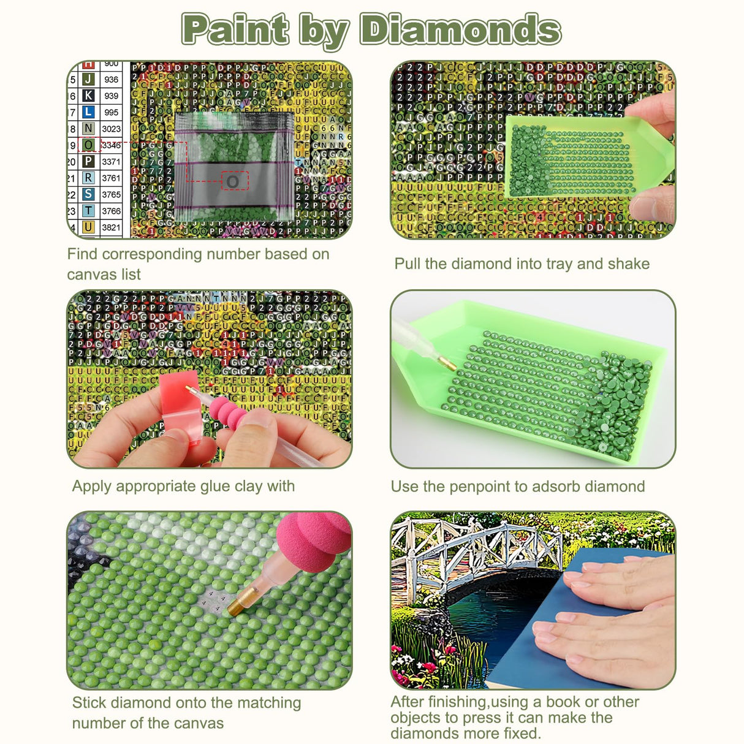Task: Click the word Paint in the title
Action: [235, 29]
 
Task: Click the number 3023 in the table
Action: [111, 129]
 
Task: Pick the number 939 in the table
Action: [111, 96]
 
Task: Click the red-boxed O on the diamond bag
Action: [233, 181]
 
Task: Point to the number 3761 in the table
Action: [111, 178]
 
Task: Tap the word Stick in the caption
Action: [89, 703]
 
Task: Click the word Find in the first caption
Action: [82, 254]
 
